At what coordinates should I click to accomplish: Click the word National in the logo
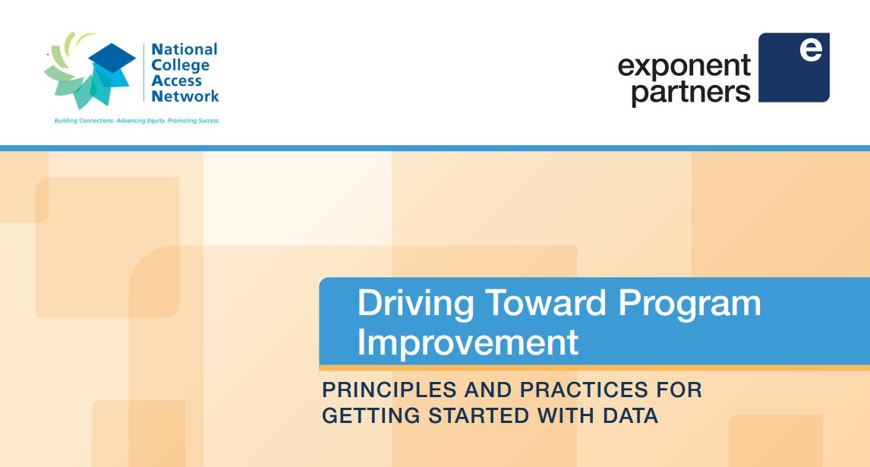tap(184, 49)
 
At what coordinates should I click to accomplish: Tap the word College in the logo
tap(181, 66)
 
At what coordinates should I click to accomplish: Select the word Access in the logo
tap(176, 80)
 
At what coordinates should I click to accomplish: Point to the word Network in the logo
tap(185, 96)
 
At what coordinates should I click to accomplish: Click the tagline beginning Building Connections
tap(137, 121)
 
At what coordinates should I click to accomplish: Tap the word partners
tap(691, 92)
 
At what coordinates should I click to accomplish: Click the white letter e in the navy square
tap(811, 49)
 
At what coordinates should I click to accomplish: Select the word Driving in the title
tap(415, 304)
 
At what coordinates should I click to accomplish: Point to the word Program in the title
tap(689, 304)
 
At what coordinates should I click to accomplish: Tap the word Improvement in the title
tap(468, 342)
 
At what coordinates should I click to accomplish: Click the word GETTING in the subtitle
tap(370, 415)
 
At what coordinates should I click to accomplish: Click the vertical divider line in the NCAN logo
tap(144, 73)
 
